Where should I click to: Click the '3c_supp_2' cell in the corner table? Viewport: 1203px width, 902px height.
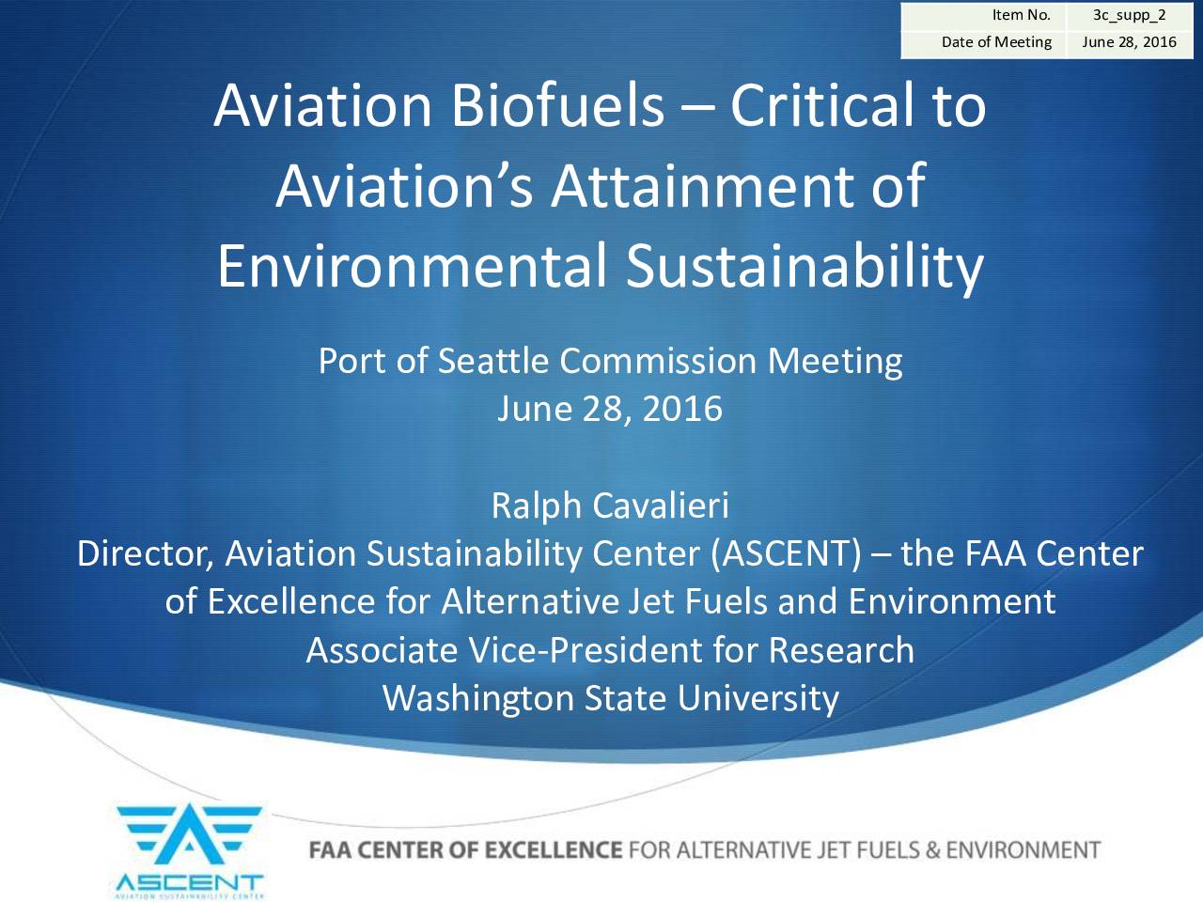[1129, 16]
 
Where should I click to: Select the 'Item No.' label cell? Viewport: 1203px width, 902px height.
[983, 16]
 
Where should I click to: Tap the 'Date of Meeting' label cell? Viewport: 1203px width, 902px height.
[983, 44]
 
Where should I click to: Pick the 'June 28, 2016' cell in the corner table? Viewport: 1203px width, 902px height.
[1129, 44]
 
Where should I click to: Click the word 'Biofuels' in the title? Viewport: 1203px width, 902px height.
[557, 104]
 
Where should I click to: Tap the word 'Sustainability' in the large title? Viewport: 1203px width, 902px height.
[805, 267]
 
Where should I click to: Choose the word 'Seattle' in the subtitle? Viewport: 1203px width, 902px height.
[493, 361]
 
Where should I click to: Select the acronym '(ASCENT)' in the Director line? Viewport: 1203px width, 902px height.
[786, 553]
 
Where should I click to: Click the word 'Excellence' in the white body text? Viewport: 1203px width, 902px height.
[291, 601]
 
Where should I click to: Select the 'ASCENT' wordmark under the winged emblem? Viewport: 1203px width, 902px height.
[190, 882]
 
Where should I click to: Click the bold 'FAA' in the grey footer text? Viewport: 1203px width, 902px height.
[330, 850]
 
